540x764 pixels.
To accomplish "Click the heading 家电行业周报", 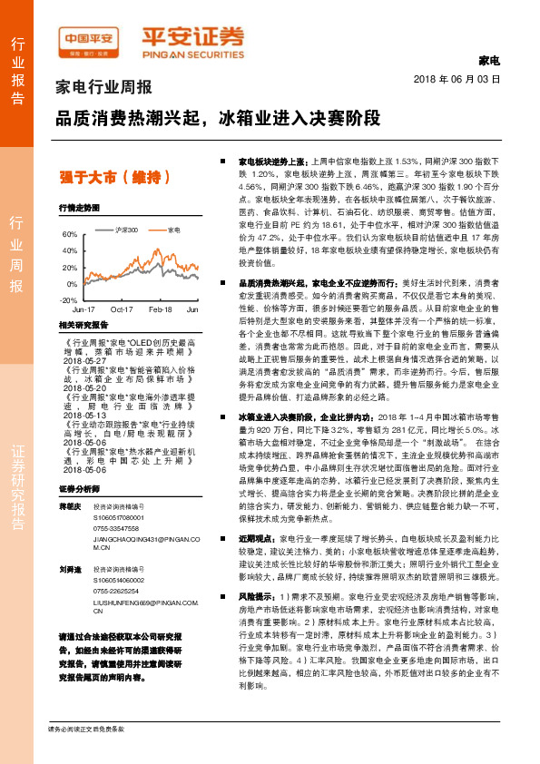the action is [x=104, y=88].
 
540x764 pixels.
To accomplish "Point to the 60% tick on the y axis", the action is [x=70, y=234].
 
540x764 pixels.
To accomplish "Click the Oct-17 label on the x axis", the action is [x=122, y=309].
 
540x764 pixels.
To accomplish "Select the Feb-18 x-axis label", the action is [x=161, y=309].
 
